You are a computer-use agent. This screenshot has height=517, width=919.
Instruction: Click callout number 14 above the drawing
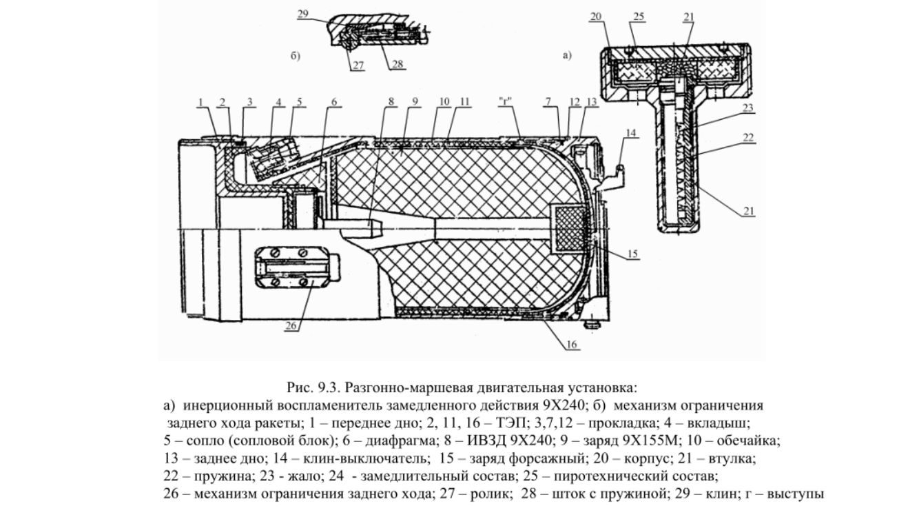(x=630, y=133)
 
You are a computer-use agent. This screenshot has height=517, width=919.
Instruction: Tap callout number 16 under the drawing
(x=572, y=345)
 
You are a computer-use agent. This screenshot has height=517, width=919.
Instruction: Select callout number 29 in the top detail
(x=303, y=14)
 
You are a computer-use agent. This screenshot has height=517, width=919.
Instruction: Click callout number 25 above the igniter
(x=639, y=17)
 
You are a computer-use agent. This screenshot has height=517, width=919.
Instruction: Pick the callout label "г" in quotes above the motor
(x=506, y=101)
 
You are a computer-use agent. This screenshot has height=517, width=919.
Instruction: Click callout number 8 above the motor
(x=391, y=101)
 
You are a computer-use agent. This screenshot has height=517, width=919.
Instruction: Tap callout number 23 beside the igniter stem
(x=748, y=108)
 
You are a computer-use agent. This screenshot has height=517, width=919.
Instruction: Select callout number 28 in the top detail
(x=397, y=64)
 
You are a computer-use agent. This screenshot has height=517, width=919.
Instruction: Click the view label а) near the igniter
(x=566, y=55)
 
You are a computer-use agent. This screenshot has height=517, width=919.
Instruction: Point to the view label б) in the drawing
(x=296, y=55)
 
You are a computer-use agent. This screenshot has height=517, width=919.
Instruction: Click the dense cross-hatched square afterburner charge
(x=570, y=230)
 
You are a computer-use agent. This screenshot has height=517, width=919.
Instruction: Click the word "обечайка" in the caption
(x=748, y=440)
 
